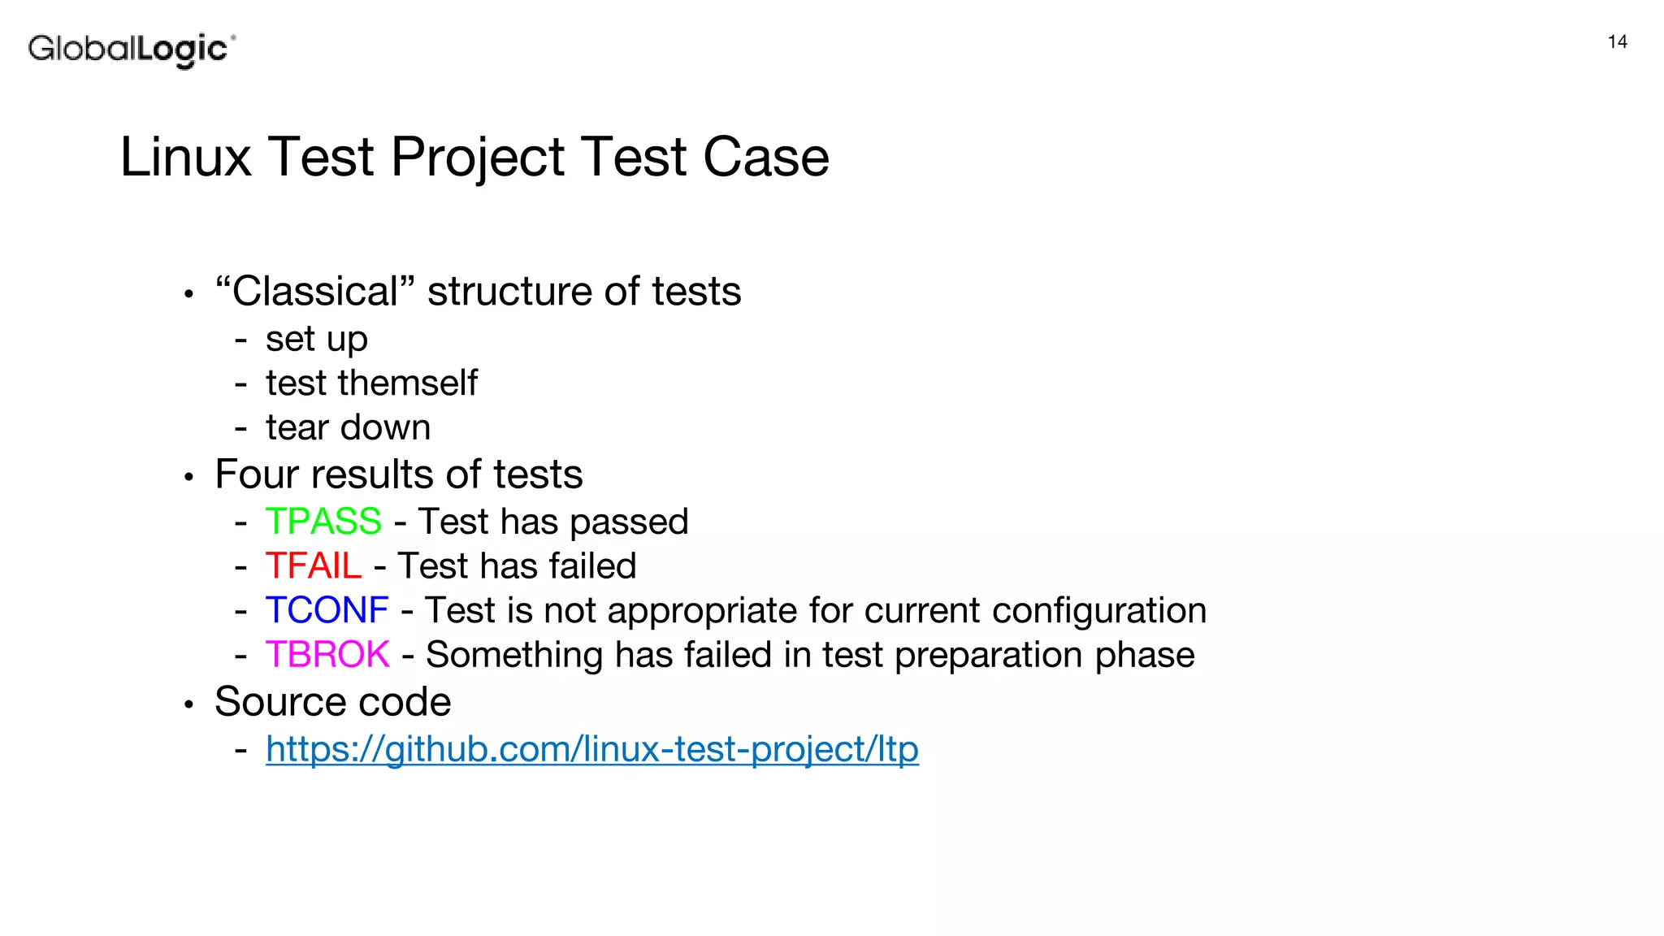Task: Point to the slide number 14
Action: click(x=1617, y=42)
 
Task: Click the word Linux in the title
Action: click(x=185, y=157)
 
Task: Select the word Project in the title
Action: click(x=478, y=157)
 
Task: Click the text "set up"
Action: click(x=316, y=340)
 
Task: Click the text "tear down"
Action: click(x=348, y=427)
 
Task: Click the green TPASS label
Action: click(x=323, y=522)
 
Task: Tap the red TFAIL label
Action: click(x=314, y=566)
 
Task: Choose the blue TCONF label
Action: click(x=327, y=610)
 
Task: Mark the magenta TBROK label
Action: click(x=327, y=655)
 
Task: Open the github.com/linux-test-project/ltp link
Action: click(x=591, y=749)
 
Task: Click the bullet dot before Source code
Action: click(x=188, y=704)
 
